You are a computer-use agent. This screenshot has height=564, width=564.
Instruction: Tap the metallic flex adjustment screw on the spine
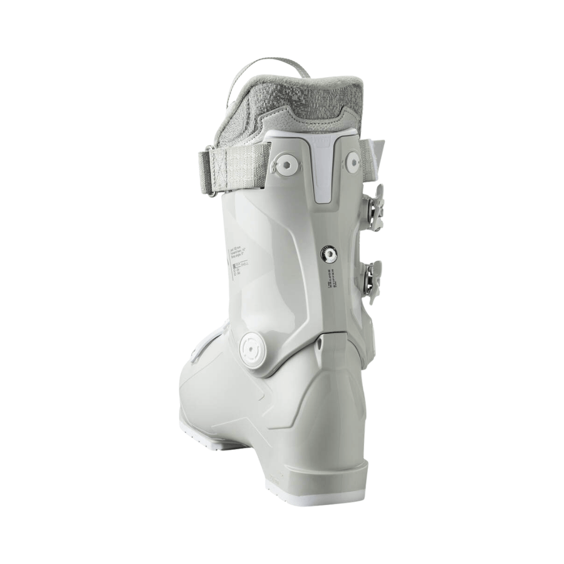pos(328,254)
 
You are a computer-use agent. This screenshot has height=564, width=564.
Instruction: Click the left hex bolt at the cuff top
pos(286,164)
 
